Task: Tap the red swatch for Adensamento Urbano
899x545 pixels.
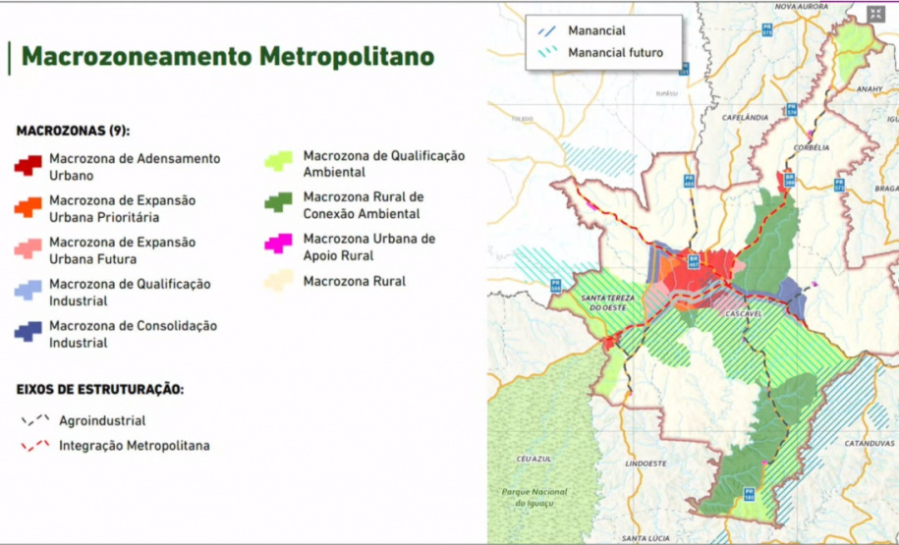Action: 28,165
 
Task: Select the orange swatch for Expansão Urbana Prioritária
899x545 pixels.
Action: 28,207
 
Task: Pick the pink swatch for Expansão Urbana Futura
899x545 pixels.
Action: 28,249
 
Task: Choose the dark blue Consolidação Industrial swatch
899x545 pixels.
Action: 28,333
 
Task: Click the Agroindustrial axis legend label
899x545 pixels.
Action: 102,420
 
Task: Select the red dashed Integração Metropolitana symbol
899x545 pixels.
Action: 35,446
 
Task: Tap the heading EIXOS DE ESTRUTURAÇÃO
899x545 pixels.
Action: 100,389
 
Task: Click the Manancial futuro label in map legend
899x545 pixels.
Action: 614,53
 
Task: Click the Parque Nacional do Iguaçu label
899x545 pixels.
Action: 534,496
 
